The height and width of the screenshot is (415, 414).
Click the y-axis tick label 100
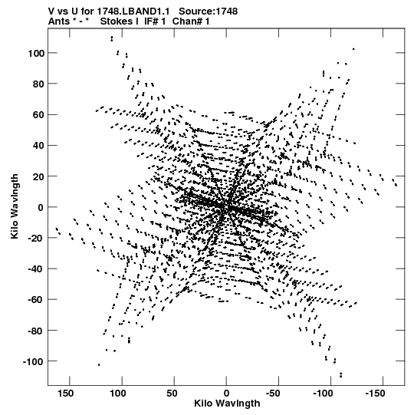tap(36, 53)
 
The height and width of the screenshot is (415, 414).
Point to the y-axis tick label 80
tap(38, 84)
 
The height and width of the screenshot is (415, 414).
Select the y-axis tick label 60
tap(38, 115)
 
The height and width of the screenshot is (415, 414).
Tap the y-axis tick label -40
tap(36, 269)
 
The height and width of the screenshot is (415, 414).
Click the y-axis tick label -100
tap(33, 361)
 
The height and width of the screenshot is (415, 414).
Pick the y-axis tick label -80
tap(36, 331)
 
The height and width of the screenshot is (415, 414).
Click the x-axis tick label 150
tap(66, 394)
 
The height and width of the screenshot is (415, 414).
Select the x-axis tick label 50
tap(172, 394)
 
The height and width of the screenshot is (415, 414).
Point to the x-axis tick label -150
tap(375, 394)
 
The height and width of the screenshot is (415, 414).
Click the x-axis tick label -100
tap(324, 394)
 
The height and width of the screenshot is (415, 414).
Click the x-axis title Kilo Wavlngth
tap(227, 403)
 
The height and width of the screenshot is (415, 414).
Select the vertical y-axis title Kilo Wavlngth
tap(15, 206)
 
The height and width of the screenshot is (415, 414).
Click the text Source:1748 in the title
tap(209, 12)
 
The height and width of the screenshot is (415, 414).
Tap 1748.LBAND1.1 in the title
tap(133, 12)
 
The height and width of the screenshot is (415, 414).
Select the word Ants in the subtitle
tap(59, 21)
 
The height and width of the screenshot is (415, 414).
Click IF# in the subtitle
tap(151, 21)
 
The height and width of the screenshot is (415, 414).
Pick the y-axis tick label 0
tap(41, 207)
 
